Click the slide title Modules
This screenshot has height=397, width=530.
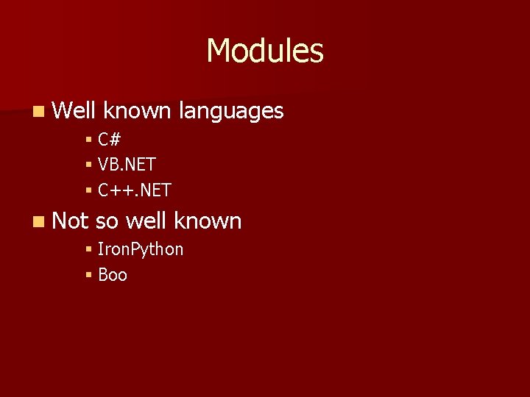coord(265,51)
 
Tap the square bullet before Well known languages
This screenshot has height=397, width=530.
coord(38,112)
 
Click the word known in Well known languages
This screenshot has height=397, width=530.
coord(137,111)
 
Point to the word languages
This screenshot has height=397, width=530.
coord(231,112)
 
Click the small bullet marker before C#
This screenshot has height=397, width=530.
coord(88,138)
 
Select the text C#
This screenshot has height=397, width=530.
coord(110,138)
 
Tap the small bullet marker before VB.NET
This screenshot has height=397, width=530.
coord(88,164)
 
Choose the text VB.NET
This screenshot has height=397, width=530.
coord(127,164)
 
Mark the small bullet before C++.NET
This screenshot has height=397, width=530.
coord(88,190)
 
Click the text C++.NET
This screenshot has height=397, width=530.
coord(135,190)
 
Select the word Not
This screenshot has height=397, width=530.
coord(71,221)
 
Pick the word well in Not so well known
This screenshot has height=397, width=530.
coord(146,221)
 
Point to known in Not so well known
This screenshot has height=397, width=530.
coord(208,221)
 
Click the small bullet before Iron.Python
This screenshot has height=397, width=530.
coord(88,249)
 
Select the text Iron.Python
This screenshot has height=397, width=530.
coord(141,250)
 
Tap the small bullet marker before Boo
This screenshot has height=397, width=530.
coord(88,275)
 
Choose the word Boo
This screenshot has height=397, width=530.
coord(113,275)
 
